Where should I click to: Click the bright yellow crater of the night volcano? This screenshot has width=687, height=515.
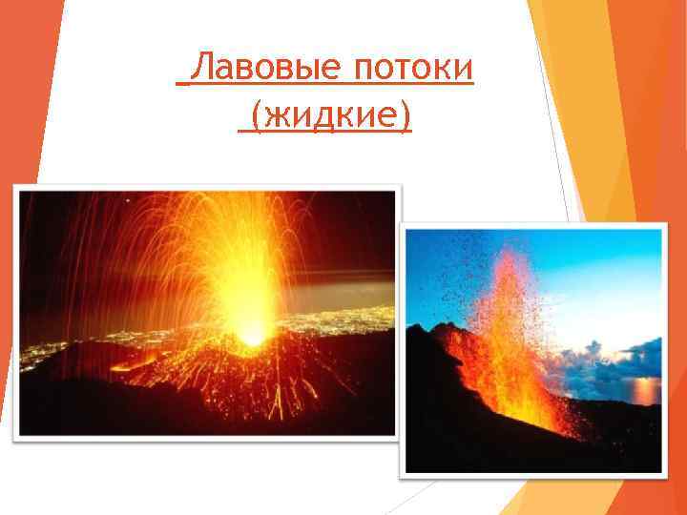pos(251,334)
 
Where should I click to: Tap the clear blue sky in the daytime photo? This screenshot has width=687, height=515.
pos(611,267)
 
